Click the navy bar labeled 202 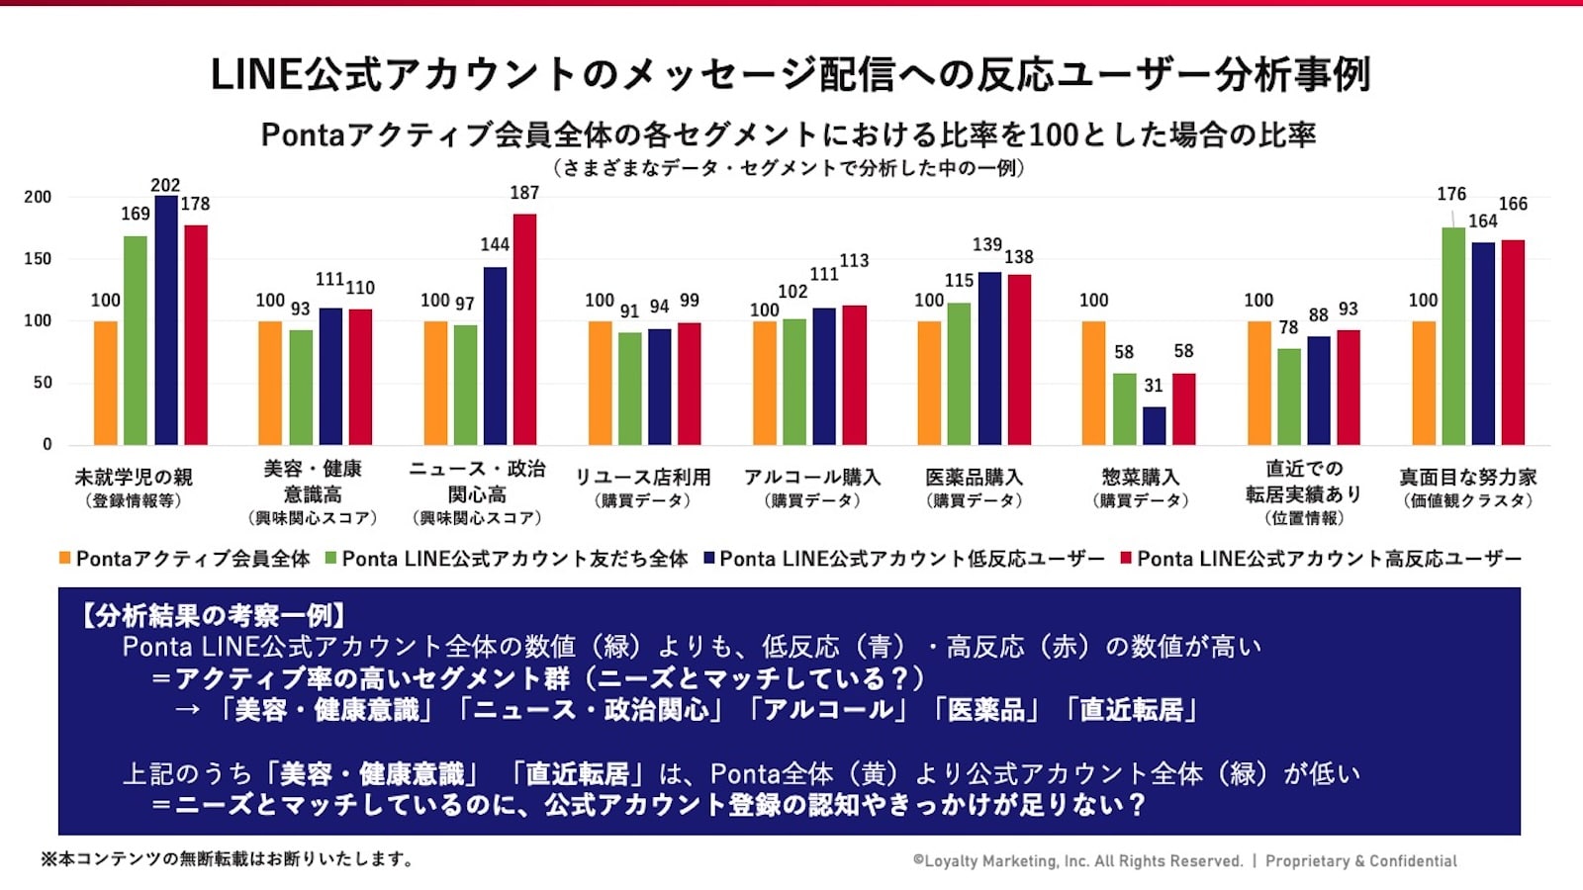coord(166,320)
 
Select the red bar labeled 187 coord(524,329)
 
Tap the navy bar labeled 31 coord(1154,425)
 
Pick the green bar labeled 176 coord(1453,336)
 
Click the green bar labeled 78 coord(1288,397)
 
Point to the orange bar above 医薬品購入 coord(929,383)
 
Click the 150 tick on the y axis coord(38,259)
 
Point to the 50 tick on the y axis coord(42,383)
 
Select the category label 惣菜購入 coord(1140,477)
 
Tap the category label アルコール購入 coord(812,477)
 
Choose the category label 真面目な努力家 coord(1468,477)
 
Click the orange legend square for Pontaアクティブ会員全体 coord(64,559)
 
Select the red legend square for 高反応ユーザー coord(1125,559)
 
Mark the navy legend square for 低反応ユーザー coord(708,559)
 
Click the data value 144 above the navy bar coord(495,244)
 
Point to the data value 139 coord(986,244)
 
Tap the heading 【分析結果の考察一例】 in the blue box coord(213,616)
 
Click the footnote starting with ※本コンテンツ coord(227,859)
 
